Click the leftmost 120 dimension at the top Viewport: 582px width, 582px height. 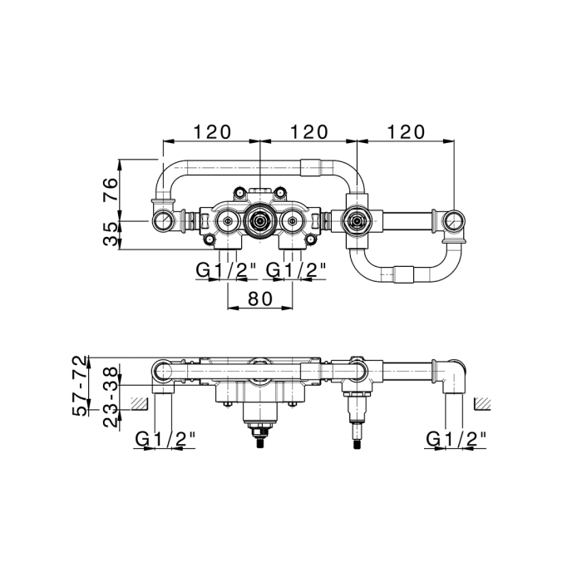click(212, 131)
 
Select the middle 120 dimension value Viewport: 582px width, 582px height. click(309, 131)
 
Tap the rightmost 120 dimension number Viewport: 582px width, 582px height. click(406, 131)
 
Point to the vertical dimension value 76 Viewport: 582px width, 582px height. click(111, 190)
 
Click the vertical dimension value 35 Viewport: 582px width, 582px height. click(111, 234)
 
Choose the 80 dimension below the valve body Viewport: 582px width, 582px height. click(260, 298)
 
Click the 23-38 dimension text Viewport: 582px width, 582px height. click(111, 397)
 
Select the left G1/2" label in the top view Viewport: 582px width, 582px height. click(227, 270)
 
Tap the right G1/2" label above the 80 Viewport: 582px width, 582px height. click(296, 270)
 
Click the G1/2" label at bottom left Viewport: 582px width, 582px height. click(165, 440)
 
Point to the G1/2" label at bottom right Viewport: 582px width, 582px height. click(456, 440)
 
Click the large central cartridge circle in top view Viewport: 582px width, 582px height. click(259, 221)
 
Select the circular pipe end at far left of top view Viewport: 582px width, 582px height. click(163, 221)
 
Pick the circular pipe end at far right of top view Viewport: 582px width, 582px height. click(454, 222)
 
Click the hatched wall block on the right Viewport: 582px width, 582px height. click(482, 403)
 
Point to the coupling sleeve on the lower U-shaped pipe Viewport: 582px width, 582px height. click(403, 275)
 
